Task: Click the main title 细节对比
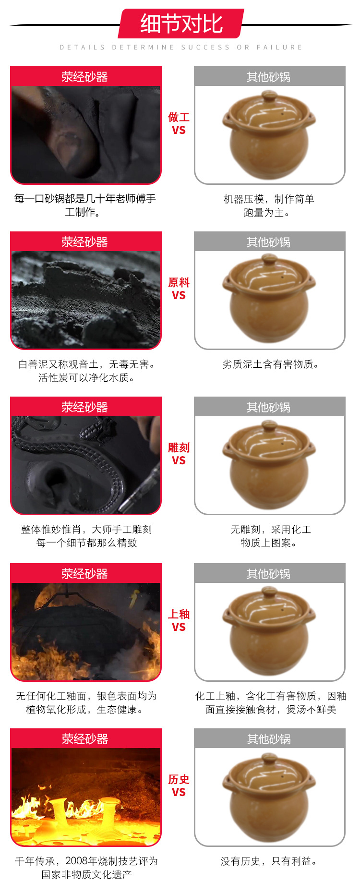point(181,24)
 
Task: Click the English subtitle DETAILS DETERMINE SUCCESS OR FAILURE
point(181,48)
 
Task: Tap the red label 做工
point(179,117)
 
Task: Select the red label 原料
point(179,282)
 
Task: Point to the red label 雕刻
point(179,447)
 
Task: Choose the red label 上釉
point(179,614)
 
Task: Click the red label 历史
point(179,779)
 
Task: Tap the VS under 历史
point(179,792)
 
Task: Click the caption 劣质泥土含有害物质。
point(271,364)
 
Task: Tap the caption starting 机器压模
point(269,206)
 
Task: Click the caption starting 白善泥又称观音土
point(86,371)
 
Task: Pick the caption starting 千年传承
point(86,868)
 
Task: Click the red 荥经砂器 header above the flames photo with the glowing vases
point(85,738)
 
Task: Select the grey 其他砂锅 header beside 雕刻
point(269,407)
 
